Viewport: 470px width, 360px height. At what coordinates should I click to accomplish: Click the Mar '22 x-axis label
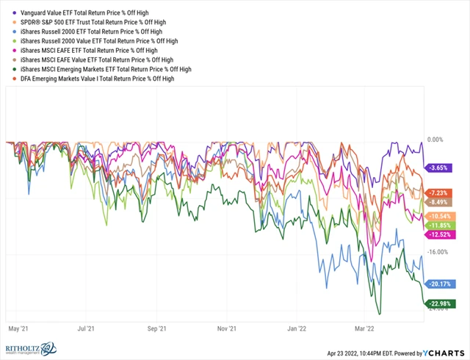click(366, 330)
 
